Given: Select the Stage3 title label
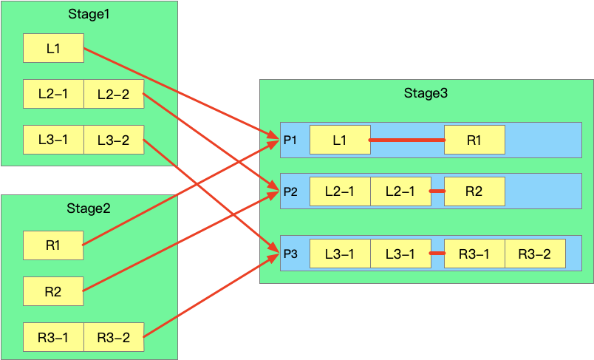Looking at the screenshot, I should click(426, 93).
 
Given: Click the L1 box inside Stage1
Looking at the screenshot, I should click(52, 48).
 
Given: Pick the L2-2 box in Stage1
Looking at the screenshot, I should click(113, 94).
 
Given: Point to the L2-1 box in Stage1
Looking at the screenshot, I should click(52, 94).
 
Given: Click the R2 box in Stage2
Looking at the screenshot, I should click(52, 291).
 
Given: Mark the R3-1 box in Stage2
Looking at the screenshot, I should click(52, 338).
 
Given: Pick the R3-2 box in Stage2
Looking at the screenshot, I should click(113, 338).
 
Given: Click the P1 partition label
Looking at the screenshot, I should click(290, 140).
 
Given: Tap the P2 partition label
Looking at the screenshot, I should click(290, 192).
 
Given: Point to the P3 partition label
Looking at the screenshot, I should click(290, 254).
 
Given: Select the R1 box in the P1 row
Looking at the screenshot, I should click(474, 140).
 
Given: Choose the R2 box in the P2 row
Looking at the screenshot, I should click(474, 192).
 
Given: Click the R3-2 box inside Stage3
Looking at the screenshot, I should click(534, 254).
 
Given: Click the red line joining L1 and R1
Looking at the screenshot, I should click(406, 140).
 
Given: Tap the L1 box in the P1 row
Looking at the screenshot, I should click(339, 140).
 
